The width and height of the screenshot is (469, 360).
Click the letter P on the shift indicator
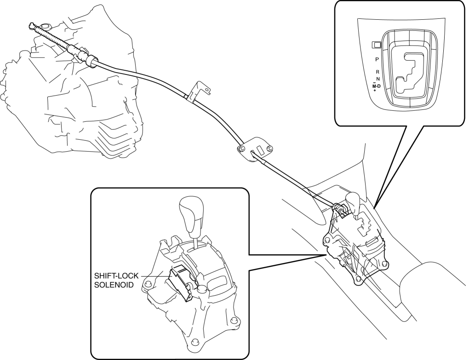[377, 59]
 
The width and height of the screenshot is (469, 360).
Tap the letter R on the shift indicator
[377, 72]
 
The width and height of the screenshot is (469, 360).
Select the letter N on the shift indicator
[377, 79]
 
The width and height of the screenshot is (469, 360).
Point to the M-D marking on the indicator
[377, 86]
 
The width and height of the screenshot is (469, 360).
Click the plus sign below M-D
[375, 91]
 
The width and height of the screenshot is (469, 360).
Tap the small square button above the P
[376, 45]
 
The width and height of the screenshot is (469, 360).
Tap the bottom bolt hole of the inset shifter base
[195, 342]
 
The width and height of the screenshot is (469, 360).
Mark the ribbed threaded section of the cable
[51, 38]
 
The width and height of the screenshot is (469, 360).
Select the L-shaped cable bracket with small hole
[199, 90]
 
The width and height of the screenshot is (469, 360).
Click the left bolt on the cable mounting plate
[241, 149]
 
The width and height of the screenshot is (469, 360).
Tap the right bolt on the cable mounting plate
[269, 148]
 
